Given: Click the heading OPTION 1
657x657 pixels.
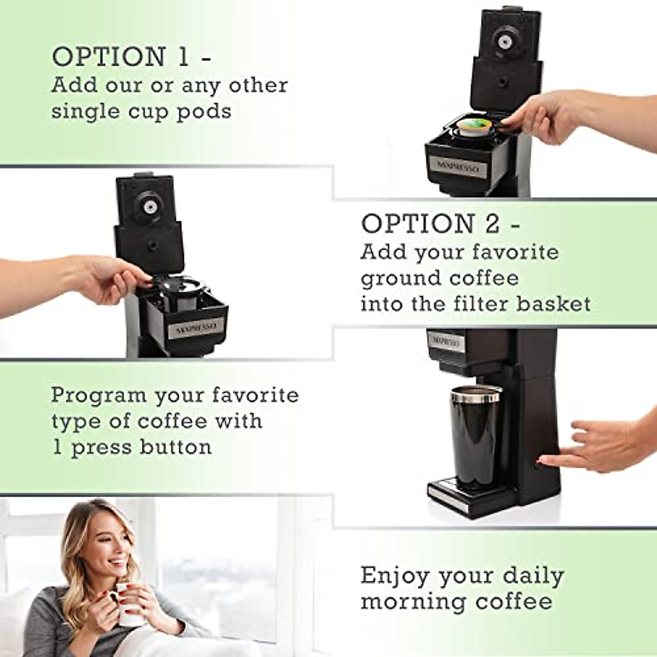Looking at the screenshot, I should (132, 57).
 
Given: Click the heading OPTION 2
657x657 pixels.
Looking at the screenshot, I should (441, 223).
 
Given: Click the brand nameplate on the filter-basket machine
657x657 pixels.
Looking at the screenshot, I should (195, 328).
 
